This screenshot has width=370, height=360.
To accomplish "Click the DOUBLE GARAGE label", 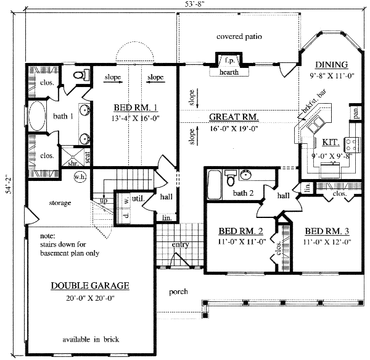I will click(89, 285).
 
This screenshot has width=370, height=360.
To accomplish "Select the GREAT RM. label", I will click(233, 117).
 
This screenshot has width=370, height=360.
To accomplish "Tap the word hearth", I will click(229, 72).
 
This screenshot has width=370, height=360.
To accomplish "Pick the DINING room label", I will click(331, 65).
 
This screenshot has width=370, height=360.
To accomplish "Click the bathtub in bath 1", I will click(38, 116).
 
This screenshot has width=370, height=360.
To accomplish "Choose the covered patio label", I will click(239, 37).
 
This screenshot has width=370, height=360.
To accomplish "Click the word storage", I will click(58, 203).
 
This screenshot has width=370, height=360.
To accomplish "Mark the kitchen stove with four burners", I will click(352, 144).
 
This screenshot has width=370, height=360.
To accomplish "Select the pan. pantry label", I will click(356, 113).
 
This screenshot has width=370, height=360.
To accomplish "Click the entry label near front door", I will click(180, 245).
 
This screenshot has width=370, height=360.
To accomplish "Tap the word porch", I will click(178, 292).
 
